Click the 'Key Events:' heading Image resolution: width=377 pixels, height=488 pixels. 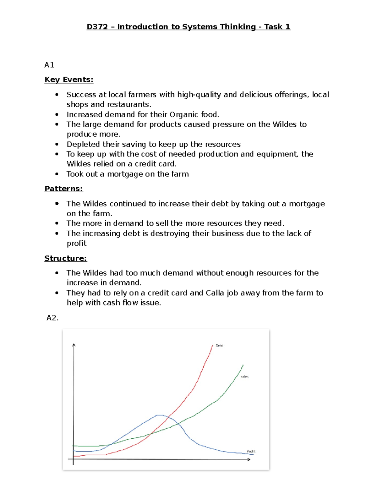69,80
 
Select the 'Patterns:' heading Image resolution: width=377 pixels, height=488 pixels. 63,189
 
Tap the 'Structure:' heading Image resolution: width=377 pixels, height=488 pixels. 65,258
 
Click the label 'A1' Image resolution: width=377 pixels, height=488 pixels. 49,65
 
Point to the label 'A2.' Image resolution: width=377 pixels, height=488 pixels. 52,318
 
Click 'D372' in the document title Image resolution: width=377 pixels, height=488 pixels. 97,27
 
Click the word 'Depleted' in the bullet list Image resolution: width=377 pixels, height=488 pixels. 82,144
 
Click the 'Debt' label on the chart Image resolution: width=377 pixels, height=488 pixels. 219,346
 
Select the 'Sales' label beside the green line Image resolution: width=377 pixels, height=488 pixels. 244,376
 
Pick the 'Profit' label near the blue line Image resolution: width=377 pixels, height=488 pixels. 251,451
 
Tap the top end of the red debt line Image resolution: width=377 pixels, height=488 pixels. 212,346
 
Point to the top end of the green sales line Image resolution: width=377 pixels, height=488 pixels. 243,365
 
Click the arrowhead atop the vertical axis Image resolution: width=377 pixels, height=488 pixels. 74,345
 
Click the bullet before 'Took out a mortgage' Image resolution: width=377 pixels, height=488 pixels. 57,174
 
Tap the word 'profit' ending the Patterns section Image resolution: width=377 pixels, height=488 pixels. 77,243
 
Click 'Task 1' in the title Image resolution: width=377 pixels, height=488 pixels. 277,27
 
